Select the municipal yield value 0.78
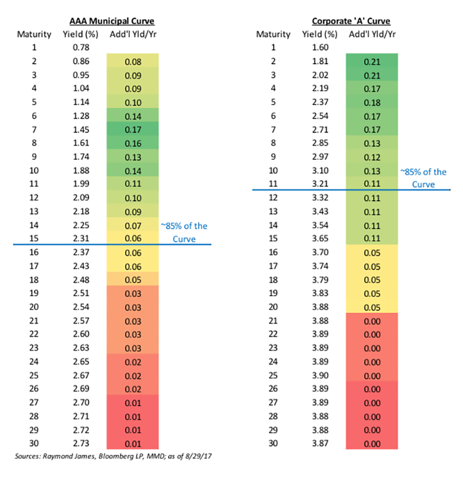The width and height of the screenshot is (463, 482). [x=80, y=48]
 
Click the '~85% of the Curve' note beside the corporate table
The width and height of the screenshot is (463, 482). [x=423, y=178]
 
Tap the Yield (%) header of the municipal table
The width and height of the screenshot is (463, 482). [x=80, y=33]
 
